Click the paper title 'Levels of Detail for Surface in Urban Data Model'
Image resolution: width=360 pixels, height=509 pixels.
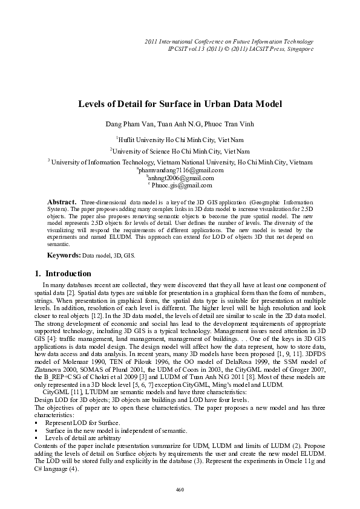pyautogui.click(x=180, y=104)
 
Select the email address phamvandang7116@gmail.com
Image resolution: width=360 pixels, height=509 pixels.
pyautogui.click(x=182, y=170)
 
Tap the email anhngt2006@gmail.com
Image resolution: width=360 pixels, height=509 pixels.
pyautogui.click(x=181, y=178)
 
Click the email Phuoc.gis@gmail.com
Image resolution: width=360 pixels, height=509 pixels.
pyautogui.click(x=182, y=185)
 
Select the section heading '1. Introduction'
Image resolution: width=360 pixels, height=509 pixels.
pyautogui.click(x=64, y=273)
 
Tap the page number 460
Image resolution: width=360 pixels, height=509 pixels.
pyautogui.click(x=179, y=488)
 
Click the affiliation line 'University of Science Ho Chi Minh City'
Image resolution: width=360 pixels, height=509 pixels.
pyautogui.click(x=180, y=151)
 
